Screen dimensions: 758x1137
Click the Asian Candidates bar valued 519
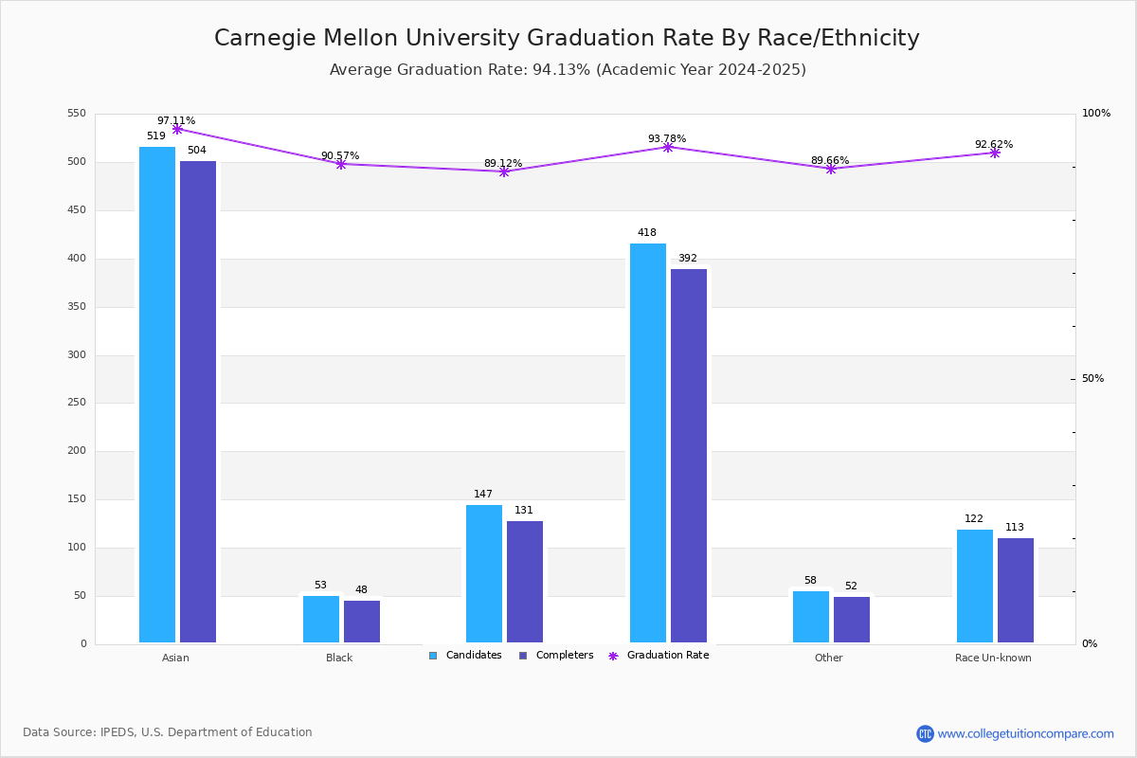[157, 394]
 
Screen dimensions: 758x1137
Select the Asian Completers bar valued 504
[198, 402]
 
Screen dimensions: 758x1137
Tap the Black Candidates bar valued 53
[321, 619]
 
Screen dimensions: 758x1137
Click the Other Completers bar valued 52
[852, 620]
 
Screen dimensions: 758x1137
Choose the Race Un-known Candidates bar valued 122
[975, 586]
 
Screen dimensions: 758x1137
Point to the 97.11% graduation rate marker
[177, 129]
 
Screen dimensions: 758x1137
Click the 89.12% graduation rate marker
[504, 171]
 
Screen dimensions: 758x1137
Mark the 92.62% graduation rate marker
[995, 153]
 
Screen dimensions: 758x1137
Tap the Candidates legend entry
[465, 656]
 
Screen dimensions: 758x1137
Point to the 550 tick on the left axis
[77, 114]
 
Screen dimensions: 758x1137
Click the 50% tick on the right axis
[1092, 379]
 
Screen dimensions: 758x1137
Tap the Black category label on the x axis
[339, 658]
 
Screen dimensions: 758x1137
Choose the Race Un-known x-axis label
[993, 658]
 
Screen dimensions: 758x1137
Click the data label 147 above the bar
[483, 495]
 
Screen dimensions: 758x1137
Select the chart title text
[567, 38]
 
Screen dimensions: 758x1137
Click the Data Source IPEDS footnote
[168, 732]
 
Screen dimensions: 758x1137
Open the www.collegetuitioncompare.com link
[1025, 733]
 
